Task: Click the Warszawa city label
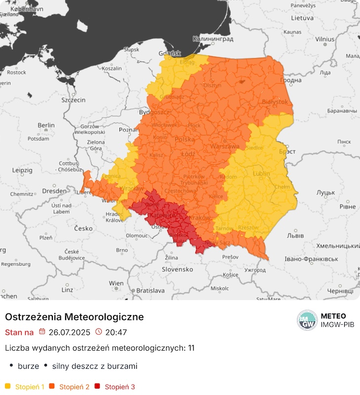click(225, 147)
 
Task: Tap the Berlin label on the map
click(46, 125)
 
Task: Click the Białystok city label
click(276, 101)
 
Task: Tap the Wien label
click(117, 283)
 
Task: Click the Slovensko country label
click(177, 270)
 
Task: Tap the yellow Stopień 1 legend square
click(8, 387)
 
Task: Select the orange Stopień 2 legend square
click(52, 387)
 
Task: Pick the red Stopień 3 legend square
click(97, 387)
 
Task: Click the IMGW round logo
click(307, 320)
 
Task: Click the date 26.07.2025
click(70, 332)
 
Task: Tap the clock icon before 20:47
click(99, 332)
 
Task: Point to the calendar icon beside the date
click(42, 332)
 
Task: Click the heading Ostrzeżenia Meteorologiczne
click(75, 316)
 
